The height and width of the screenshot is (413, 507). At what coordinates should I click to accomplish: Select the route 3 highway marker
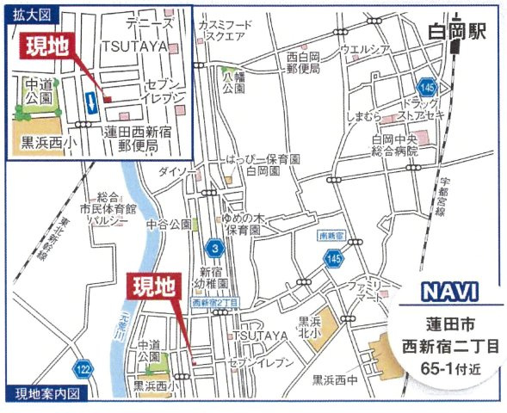click(x=213, y=248)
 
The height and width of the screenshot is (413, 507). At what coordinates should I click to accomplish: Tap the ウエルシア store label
click(x=366, y=48)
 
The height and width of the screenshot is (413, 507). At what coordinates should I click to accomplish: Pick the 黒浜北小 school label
click(x=310, y=327)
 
